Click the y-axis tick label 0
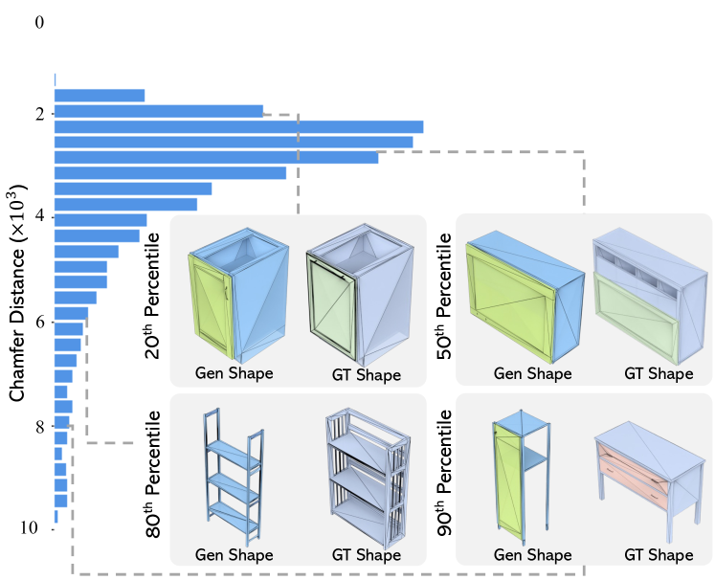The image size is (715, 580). click(x=39, y=20)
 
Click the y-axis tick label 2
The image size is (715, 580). click(x=39, y=114)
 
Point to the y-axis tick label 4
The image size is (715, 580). click(x=39, y=217)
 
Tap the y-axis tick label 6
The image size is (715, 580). click(x=39, y=322)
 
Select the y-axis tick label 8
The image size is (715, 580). click(x=39, y=426)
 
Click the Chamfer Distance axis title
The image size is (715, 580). click(x=17, y=306)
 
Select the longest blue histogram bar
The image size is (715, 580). click(x=238, y=126)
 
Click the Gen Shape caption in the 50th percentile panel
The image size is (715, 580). click(x=533, y=373)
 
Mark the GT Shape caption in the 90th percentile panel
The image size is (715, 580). click(x=659, y=555)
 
